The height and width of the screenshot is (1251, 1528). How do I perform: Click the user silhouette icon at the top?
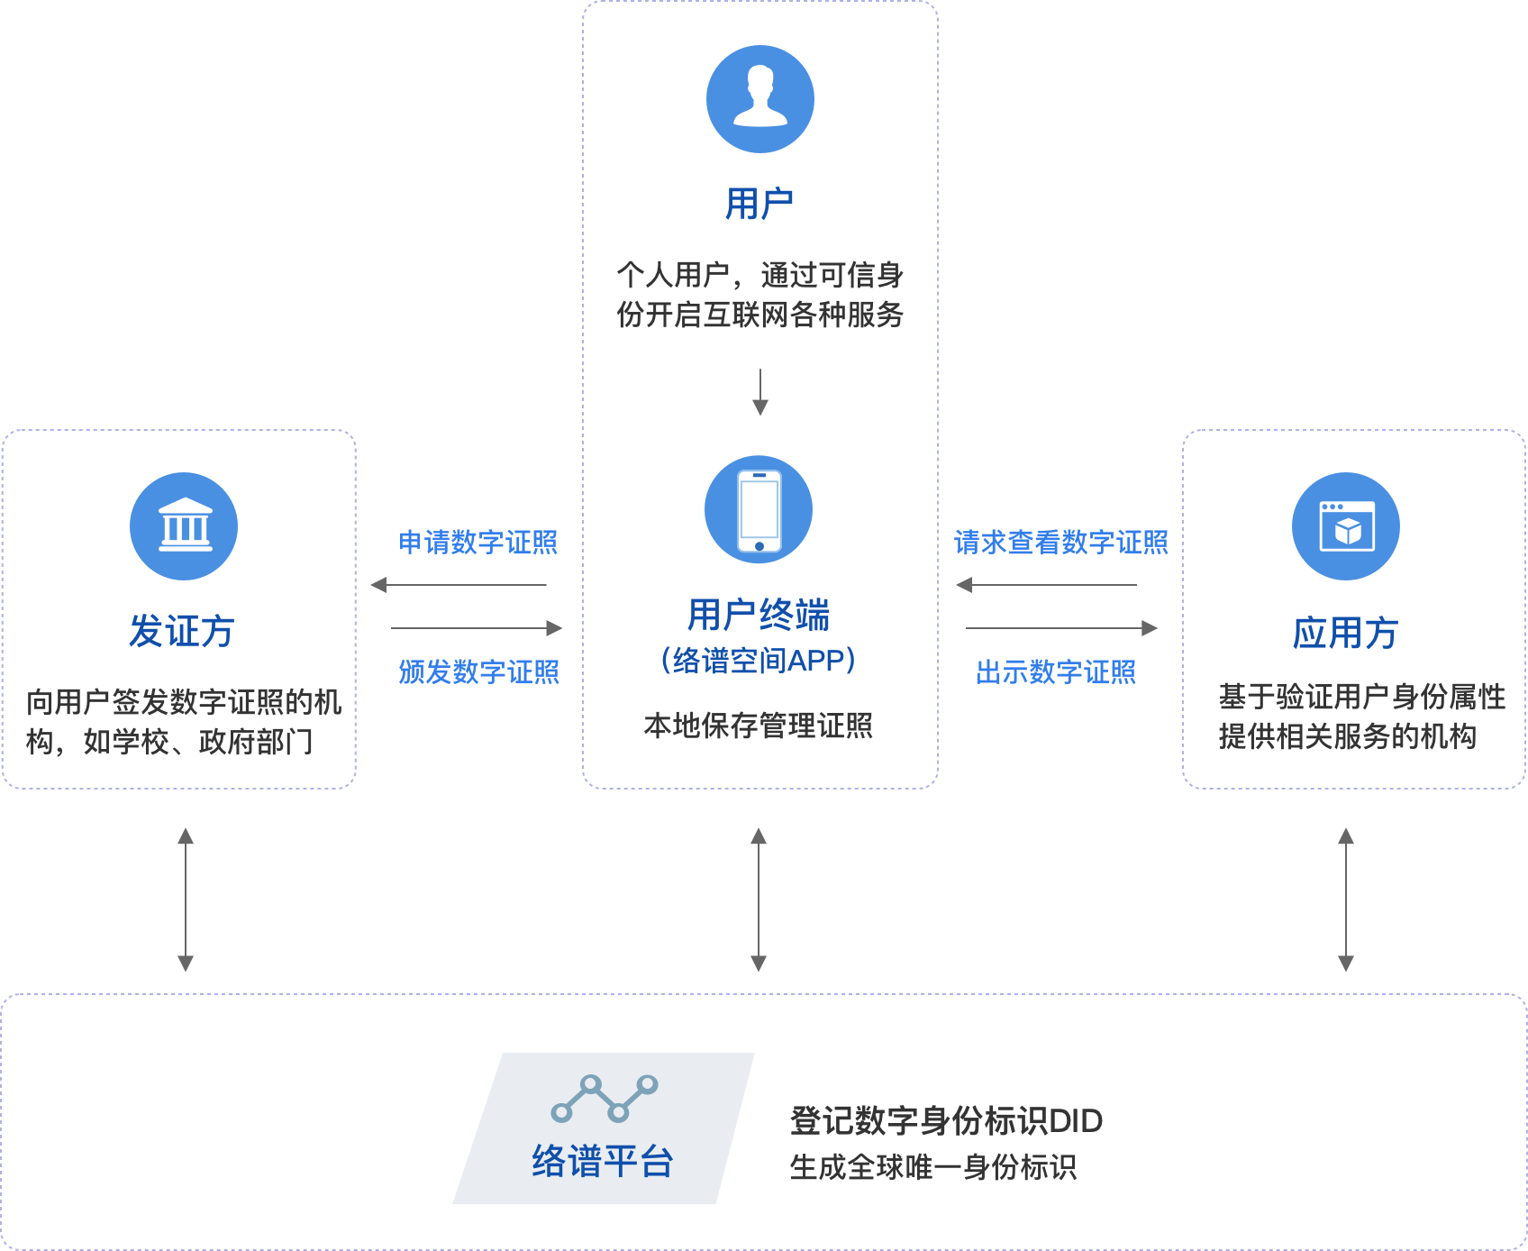(760, 99)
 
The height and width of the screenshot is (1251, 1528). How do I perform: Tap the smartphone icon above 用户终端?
(759, 509)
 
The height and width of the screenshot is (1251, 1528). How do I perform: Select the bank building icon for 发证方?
(184, 526)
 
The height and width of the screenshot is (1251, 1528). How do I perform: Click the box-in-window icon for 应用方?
(1346, 526)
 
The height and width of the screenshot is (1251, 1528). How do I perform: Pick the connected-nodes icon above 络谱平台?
(604, 1098)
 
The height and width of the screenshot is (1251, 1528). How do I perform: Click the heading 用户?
(759, 204)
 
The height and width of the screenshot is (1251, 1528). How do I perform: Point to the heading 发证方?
(182, 631)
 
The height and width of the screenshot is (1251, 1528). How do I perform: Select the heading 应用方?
(1345, 633)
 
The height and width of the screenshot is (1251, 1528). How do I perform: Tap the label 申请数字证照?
(477, 543)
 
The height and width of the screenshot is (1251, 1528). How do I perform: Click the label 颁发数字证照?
(478, 671)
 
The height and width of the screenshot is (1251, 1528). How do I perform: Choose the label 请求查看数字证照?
(1060, 543)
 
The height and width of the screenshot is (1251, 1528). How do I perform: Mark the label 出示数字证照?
(1055, 671)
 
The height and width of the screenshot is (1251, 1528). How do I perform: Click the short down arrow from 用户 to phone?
(760, 392)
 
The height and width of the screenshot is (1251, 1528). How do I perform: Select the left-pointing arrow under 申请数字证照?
(459, 585)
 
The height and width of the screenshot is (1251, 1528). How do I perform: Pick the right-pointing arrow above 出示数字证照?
(1061, 628)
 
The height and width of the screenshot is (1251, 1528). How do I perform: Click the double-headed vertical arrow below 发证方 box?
(186, 899)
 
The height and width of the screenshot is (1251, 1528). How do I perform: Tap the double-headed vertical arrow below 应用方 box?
(1346, 899)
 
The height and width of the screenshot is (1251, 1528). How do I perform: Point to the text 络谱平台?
(603, 1161)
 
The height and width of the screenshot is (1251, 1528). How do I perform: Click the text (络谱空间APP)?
(759, 661)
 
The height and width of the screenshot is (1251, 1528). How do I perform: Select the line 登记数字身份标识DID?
(946, 1121)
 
